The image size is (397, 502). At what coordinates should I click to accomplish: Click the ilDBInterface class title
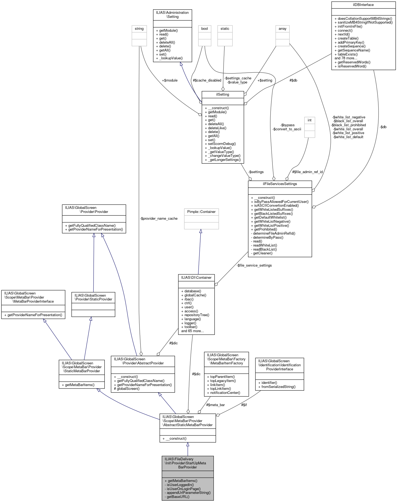click(x=363, y=5)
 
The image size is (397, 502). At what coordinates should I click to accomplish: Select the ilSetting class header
click(x=223, y=95)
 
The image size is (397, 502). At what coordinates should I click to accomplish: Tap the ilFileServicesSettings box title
click(x=280, y=184)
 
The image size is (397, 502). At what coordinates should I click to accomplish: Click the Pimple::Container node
click(x=201, y=212)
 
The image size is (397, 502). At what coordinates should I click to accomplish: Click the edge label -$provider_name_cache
click(x=159, y=219)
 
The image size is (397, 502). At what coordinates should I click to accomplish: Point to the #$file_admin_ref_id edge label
click(x=307, y=172)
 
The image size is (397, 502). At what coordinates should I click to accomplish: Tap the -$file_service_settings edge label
click(x=254, y=265)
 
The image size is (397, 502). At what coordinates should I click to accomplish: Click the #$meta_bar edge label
click(x=215, y=405)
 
